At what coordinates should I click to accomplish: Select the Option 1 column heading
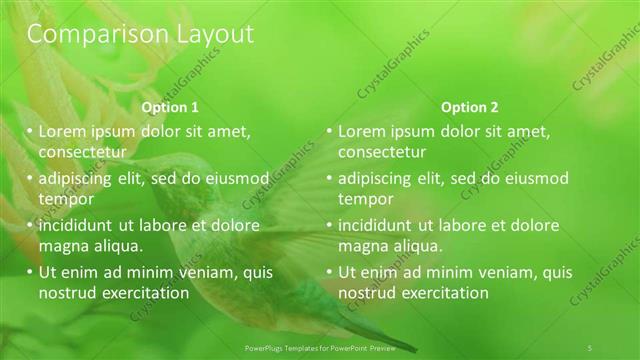[170, 107]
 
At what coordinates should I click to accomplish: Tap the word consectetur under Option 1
[81, 152]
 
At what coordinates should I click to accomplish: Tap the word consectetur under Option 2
[381, 152]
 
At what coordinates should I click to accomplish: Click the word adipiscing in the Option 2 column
[374, 179]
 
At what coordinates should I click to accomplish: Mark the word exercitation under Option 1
[144, 293]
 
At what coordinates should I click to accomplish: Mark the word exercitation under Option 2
[444, 293]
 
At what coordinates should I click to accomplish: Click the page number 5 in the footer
[589, 347]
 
